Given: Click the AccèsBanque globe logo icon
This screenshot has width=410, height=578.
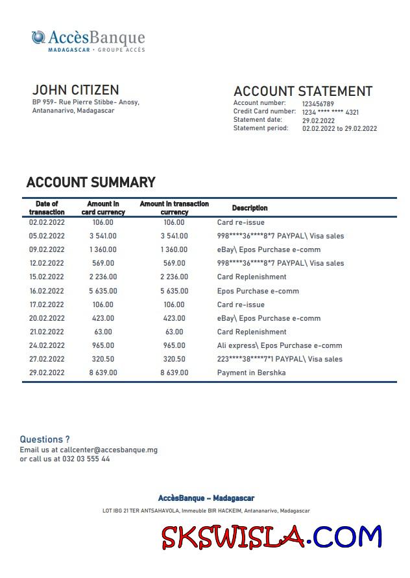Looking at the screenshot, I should pos(38,38).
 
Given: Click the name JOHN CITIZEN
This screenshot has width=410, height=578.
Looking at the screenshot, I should pos(76,90).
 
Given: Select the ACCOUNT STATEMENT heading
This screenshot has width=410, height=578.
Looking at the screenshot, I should pos(302,91).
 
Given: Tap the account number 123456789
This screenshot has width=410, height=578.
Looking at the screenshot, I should pos(318,104).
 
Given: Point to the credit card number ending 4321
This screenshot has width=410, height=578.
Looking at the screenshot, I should pos(330,112).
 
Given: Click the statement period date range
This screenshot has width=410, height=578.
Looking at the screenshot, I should pos(339,128).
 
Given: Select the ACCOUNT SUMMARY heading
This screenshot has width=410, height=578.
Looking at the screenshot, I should pos(91,182).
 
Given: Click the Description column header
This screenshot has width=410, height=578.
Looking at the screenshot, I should pos(250,208).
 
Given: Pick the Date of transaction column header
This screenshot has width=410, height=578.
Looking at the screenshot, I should pos(47,208).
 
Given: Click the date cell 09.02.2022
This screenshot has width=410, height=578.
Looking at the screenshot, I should pos(47,249).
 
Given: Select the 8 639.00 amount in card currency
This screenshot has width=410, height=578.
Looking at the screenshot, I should pos(103,373).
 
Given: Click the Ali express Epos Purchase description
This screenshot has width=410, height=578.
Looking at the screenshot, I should pos(279,345).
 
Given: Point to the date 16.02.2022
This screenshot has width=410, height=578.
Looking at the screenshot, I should pos(47,291).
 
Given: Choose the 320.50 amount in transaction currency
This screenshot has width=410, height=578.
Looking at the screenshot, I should pos(174,359).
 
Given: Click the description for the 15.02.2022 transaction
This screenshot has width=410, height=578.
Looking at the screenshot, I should pos(251,277).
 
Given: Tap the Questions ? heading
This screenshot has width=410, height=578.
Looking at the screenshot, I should pos(45,439).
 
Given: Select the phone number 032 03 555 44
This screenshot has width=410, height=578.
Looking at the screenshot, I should pos(86,459).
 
